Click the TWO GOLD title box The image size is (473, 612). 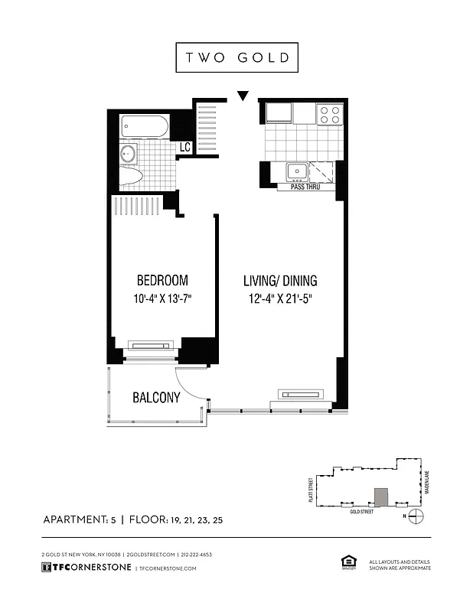point(236,57)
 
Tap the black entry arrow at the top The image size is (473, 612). point(243,96)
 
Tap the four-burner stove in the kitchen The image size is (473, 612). point(330,115)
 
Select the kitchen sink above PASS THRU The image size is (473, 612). point(297,171)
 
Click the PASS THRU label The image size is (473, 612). point(304,187)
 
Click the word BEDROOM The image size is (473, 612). point(161,281)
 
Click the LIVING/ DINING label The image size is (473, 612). point(280,281)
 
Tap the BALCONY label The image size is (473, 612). point(156,398)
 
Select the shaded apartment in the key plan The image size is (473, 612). point(380,496)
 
